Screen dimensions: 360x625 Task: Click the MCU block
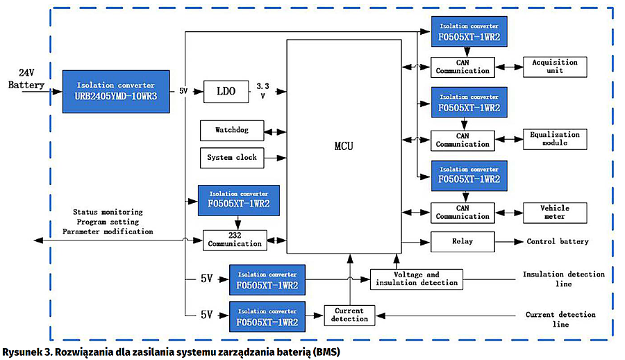tap(344, 147)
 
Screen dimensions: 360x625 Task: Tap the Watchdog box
tap(232, 130)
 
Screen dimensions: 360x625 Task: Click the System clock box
tap(232, 158)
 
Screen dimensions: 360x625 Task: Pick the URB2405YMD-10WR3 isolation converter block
tap(116, 91)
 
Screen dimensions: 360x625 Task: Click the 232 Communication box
tap(235, 240)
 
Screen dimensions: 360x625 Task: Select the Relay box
tap(462, 242)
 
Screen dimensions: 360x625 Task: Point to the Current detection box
tap(349, 315)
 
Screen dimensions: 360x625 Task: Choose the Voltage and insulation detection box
tap(416, 279)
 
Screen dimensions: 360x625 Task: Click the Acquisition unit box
tap(555, 67)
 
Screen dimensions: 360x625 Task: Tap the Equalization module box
tap(555, 139)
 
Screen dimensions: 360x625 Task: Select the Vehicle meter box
tap(555, 212)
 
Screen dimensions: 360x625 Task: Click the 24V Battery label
tap(26, 79)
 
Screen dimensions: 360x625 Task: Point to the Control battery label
tap(557, 242)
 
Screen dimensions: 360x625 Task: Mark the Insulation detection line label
tap(563, 279)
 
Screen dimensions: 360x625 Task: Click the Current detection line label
tap(560, 319)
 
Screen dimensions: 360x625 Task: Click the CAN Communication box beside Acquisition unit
tap(462, 67)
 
